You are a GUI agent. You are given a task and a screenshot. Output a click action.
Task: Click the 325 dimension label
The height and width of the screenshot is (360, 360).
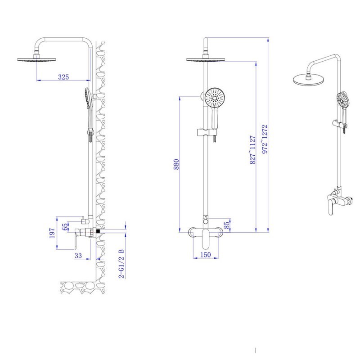point(63,76)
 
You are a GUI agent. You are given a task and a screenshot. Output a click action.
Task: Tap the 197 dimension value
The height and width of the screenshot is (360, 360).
point(52,233)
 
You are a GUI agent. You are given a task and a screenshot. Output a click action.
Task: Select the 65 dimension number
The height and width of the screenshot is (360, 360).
point(65,226)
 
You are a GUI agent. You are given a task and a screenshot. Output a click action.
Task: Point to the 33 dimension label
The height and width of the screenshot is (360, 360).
point(78,255)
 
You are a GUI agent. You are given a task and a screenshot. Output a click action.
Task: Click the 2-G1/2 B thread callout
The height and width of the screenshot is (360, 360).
point(121,264)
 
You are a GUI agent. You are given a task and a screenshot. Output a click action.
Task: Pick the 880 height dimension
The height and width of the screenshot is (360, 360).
point(176,164)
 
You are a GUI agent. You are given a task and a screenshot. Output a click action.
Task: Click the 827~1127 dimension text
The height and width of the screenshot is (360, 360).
point(252,150)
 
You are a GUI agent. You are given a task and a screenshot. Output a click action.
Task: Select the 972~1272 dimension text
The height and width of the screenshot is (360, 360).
point(265,139)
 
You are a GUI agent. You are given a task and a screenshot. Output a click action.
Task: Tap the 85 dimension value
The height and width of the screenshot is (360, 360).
point(226,225)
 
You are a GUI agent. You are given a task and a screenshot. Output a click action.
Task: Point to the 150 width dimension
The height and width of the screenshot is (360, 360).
point(206,255)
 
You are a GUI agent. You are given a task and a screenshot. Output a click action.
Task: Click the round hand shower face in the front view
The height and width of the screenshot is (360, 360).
point(215,98)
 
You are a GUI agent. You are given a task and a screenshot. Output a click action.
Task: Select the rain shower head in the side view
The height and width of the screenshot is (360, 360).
point(37,59)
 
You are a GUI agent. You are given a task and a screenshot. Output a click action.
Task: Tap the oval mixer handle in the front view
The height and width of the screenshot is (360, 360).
point(206,238)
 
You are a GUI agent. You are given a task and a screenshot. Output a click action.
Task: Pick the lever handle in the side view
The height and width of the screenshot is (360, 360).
point(76,239)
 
